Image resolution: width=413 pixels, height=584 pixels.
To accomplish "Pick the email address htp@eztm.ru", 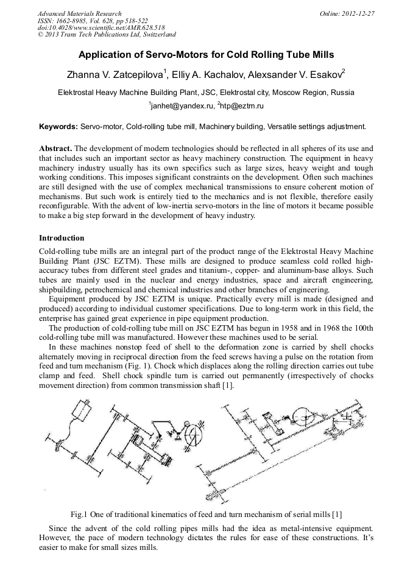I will [242, 106].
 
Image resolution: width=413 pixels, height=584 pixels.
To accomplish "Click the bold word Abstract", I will [55, 149].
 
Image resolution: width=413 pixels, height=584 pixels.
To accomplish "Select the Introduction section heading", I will [62, 237].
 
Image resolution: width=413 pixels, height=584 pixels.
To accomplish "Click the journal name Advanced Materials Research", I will [79, 13].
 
